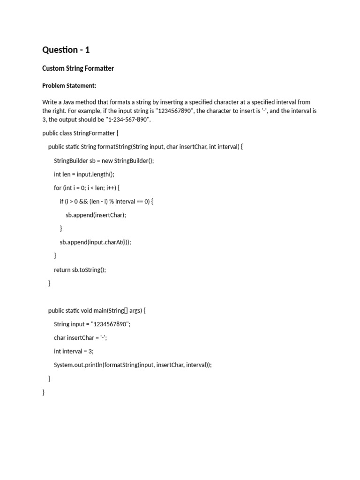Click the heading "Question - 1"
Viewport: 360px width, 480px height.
tap(66, 50)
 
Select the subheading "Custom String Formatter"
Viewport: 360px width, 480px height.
tap(78, 68)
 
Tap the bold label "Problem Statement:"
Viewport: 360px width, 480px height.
tap(69, 86)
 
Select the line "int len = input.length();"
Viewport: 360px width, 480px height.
tap(84, 174)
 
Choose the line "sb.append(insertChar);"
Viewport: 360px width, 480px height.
tap(96, 215)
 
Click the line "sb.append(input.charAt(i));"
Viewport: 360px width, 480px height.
tap(95, 242)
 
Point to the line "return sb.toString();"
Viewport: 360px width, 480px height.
tap(80, 270)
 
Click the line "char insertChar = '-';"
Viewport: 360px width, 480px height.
tap(81, 338)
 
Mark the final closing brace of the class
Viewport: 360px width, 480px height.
tap(44, 392)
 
